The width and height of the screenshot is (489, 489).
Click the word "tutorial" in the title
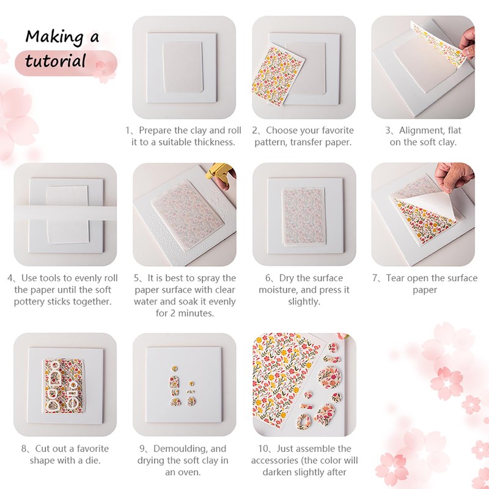click(56, 61)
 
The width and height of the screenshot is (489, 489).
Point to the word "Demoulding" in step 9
click(182, 449)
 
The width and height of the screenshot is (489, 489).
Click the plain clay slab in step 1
click(184, 67)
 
